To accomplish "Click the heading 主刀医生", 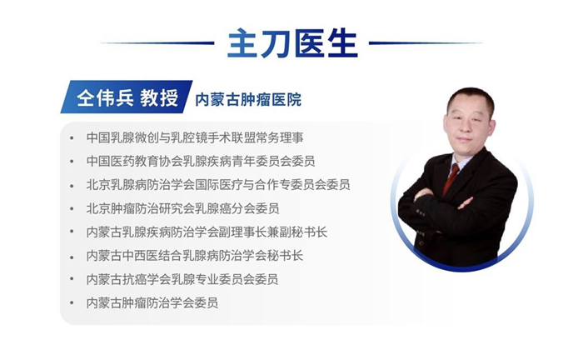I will coord(291,43).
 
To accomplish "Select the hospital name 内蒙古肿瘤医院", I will coord(247,100).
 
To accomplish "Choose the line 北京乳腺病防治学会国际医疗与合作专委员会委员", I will coord(217,184).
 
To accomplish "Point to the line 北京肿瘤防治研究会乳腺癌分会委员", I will coord(182,208).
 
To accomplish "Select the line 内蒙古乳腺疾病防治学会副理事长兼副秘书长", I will coord(207,232).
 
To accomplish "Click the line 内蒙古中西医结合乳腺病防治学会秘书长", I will coord(195,255).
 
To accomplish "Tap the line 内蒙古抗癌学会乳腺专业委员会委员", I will coord(182,279).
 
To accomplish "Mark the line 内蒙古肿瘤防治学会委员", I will coord(152,302).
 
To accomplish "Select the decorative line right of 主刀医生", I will coord(425,43).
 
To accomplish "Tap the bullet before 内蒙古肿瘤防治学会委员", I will coord(72,303).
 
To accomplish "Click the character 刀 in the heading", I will coord(275,43).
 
